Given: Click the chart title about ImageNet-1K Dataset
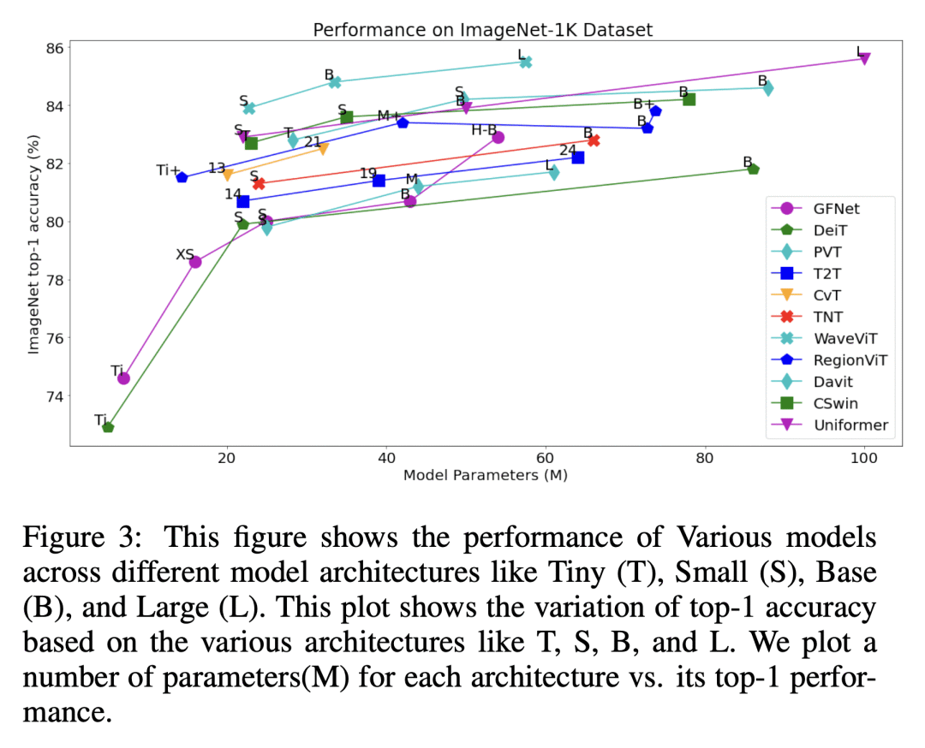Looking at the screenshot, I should click(482, 30).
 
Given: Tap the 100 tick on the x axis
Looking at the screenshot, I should click(863, 458).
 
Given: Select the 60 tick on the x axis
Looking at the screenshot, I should click(546, 458).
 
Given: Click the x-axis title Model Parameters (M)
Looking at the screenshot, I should click(486, 475).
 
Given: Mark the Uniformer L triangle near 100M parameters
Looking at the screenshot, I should click(864, 58).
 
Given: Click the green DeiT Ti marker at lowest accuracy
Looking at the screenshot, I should click(108, 426).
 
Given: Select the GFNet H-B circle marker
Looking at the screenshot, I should click(498, 137).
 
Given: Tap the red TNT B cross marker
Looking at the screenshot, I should click(594, 140).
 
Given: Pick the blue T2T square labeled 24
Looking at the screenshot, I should click(578, 157).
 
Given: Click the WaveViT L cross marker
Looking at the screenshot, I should click(526, 62).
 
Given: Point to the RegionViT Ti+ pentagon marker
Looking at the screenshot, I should click(182, 177).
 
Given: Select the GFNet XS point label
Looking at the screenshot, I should click(185, 254).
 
